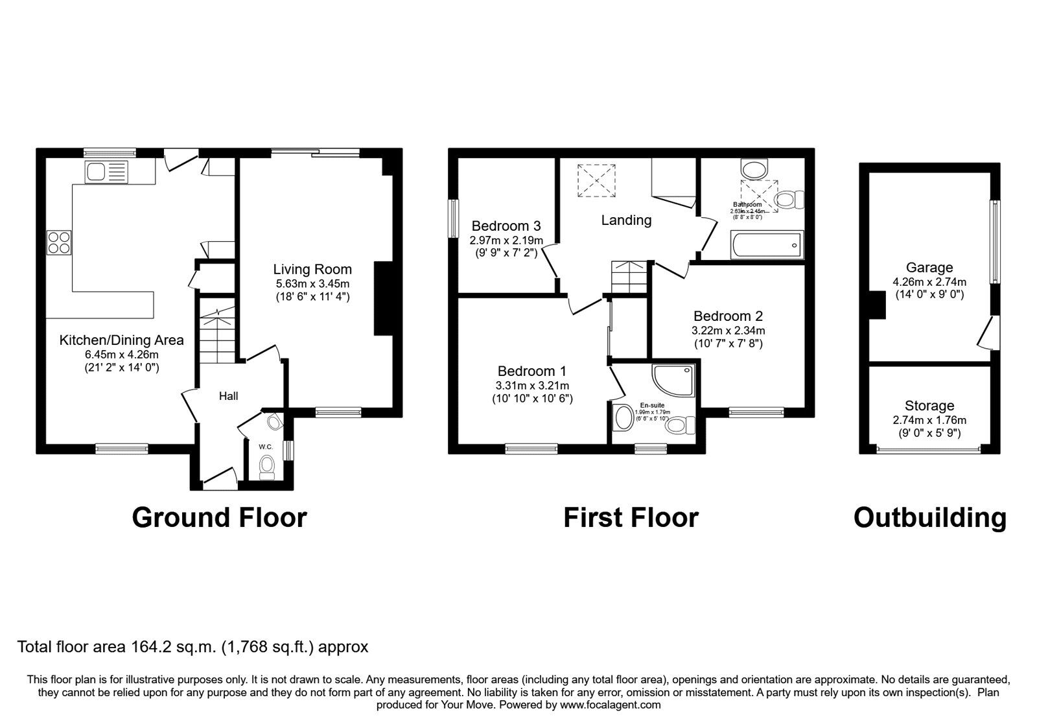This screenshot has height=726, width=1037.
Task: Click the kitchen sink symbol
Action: click(107, 172)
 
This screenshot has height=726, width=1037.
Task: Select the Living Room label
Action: click(312, 269)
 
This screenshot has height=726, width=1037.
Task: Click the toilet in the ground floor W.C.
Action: click(266, 465)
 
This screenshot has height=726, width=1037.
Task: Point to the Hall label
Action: click(228, 396)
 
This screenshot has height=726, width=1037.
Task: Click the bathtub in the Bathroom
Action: click(767, 245)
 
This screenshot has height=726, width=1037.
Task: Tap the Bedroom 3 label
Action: click(506, 226)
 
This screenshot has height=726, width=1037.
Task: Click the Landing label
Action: click(625, 220)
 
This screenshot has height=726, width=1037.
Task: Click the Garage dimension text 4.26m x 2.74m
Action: click(929, 282)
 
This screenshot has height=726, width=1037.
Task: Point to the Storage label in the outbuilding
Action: click(929, 406)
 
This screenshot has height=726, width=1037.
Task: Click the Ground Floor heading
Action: click(219, 517)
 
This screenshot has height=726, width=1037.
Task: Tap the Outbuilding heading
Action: click(929, 517)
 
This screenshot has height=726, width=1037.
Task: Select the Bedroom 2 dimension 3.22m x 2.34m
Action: click(727, 330)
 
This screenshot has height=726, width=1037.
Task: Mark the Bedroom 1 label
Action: click(531, 371)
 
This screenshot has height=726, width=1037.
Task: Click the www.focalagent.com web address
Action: click(610, 705)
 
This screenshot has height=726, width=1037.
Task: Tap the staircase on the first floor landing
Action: click(629, 277)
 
